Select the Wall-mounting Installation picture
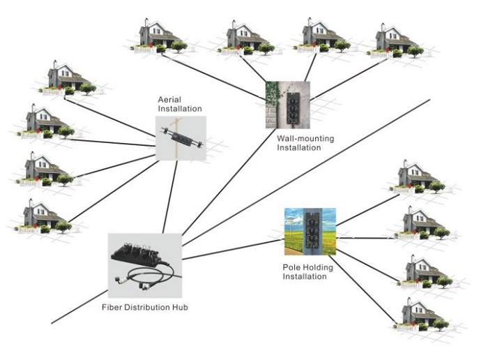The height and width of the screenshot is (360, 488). pyautogui.click(x=287, y=105)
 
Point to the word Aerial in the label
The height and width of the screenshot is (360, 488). pyautogui.click(x=170, y=100)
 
